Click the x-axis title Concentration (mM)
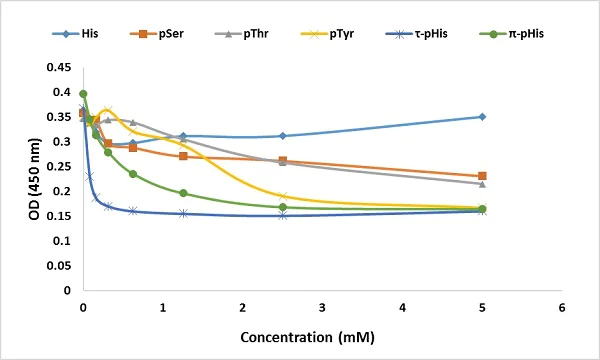coord(322,335)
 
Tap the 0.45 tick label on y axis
coord(60,68)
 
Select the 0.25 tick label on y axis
coord(60,167)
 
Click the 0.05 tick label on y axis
coord(60,266)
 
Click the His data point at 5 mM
coord(482,117)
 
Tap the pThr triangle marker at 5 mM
coord(482,184)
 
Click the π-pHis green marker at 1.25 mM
coord(183,193)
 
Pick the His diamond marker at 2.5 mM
coord(283,136)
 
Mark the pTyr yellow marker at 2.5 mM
coord(283,196)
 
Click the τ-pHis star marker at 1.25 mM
coord(183,213)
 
